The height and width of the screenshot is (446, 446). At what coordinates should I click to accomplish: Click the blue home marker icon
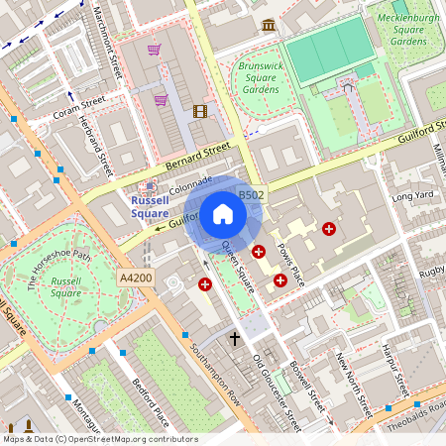coord(223,214)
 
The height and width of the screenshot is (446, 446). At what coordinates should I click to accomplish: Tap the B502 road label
coord(252,196)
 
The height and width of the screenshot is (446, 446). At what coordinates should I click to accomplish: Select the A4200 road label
coord(135,278)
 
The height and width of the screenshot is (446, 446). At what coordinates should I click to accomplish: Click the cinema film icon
coord(201,111)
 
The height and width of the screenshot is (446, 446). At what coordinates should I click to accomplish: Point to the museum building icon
coord(269,25)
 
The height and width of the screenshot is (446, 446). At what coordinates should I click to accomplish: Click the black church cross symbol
coord(236,339)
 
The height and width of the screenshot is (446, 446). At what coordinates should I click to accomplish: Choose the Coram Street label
coord(79,106)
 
